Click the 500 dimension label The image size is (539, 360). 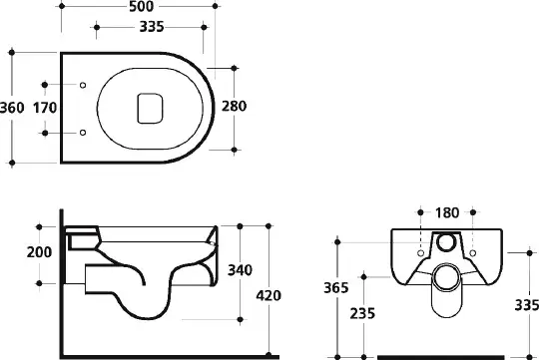[142, 6]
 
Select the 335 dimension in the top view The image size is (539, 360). [152, 27]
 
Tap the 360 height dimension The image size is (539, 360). [12, 108]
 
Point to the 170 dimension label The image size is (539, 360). [45, 108]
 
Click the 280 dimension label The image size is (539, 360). [234, 106]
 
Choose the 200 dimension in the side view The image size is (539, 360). [39, 252]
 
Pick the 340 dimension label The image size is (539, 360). [240, 270]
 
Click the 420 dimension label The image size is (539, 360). [269, 295]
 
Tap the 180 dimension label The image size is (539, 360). [447, 213]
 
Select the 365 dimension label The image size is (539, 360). [336, 287]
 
